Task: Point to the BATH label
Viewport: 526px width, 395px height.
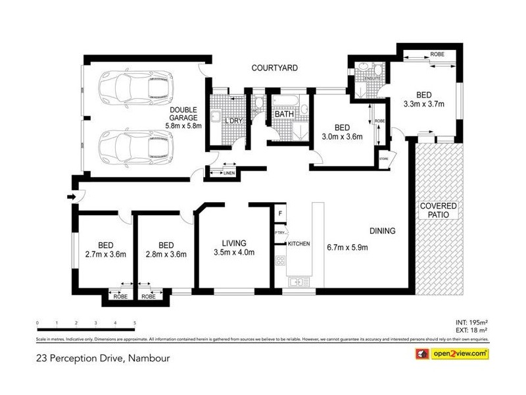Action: pos(284,115)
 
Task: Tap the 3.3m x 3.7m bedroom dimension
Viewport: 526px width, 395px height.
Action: pos(423,103)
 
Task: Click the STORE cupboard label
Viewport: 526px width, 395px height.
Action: pos(383,158)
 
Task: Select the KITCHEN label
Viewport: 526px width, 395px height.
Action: pos(298,244)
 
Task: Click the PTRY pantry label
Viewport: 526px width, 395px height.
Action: pos(279,232)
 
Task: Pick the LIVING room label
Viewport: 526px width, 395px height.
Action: pos(234,242)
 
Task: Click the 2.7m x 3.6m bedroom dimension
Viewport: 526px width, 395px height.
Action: pos(105,253)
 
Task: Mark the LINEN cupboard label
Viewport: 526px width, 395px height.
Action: pos(229,173)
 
